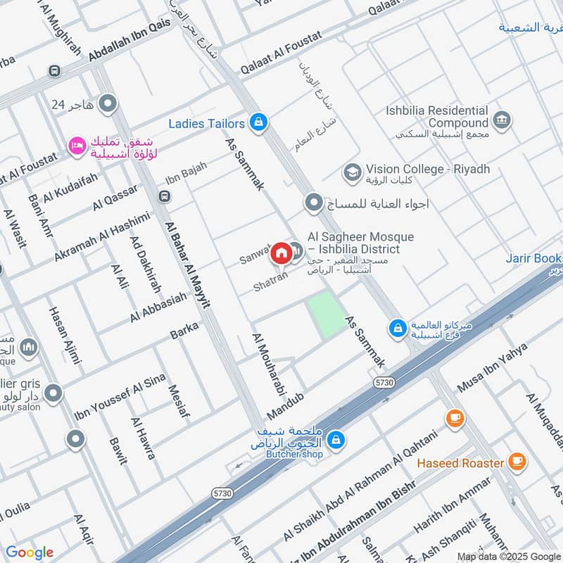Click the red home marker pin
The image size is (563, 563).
(281, 252)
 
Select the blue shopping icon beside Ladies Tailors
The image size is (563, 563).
(259, 123)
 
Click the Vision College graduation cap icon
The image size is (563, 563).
(352, 171)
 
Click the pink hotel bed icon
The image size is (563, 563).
(75, 146)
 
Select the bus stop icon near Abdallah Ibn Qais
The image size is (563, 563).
(54, 71)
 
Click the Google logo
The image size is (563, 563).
(30, 552)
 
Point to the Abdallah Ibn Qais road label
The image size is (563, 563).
(130, 44)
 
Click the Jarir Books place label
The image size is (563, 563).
(533, 258)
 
